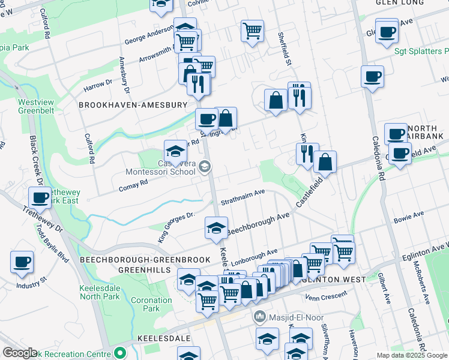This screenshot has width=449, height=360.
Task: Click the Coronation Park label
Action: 151,304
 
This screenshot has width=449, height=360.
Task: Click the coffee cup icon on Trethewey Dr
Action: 40,197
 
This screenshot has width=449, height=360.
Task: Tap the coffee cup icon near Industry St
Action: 22,261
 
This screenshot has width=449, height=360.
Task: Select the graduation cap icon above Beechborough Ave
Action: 216,227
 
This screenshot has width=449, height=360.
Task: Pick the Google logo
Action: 20,353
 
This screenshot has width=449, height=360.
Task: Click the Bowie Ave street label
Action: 409,216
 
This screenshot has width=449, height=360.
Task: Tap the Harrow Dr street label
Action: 98,85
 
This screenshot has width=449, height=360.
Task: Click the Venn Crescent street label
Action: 326,295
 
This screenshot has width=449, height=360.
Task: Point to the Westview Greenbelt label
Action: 35,106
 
